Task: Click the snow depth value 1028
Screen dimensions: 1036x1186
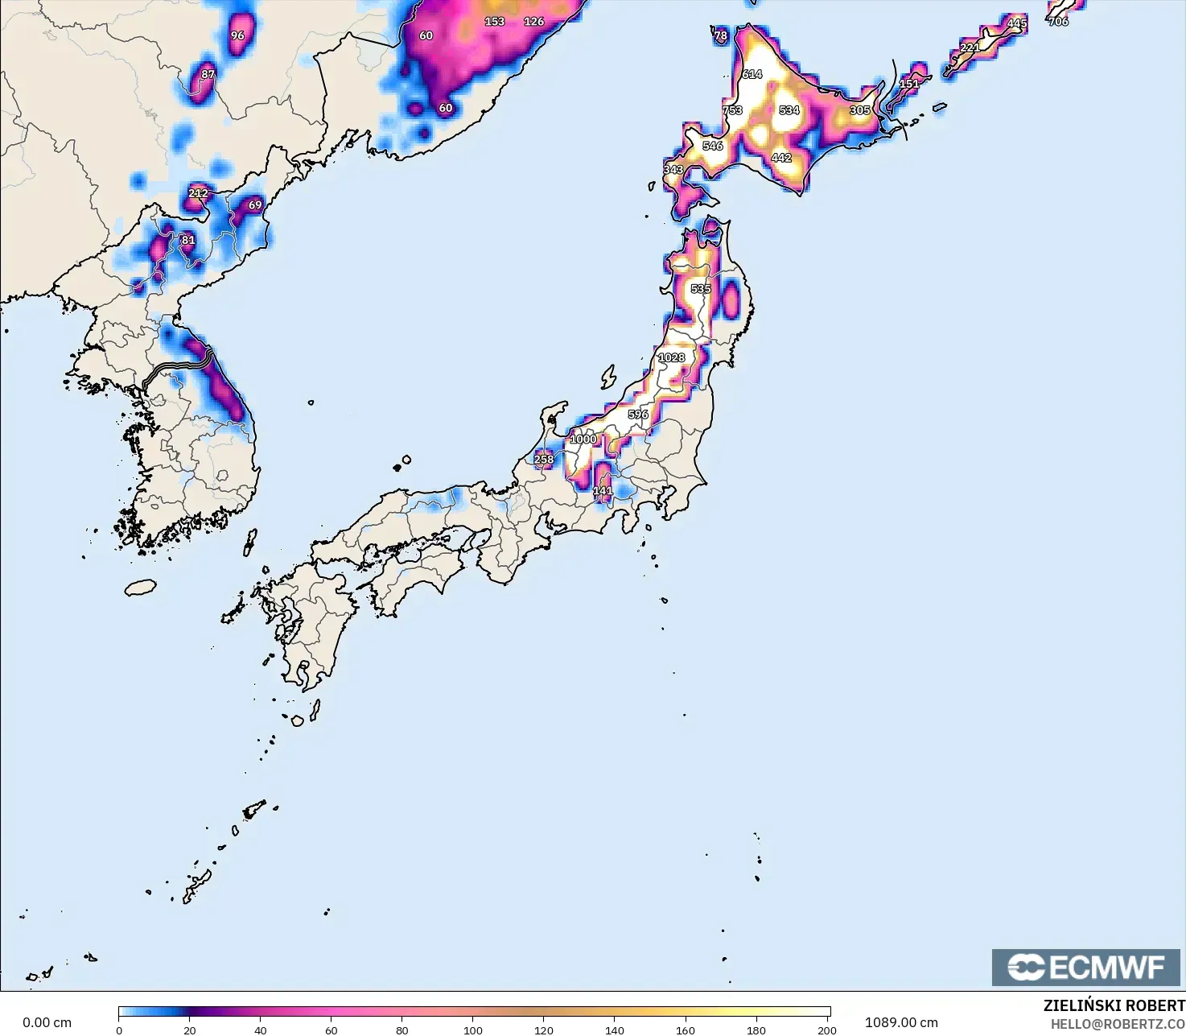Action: coord(672,357)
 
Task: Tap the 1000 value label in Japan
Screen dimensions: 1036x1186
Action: coord(583,440)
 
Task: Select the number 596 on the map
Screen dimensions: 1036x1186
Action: coord(638,415)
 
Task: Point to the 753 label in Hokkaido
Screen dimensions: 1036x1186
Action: coord(732,110)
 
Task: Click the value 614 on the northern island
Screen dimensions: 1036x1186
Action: coord(752,74)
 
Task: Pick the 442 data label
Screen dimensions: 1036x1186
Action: coord(781,158)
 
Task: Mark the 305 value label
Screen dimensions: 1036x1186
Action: coord(860,110)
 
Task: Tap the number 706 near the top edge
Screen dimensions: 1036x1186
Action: coord(1059,22)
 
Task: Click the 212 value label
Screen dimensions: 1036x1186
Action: coord(198,193)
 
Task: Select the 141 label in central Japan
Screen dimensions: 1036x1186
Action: coord(603,490)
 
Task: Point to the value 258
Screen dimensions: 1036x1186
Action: coord(544,460)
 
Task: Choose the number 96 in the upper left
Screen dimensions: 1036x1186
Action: coord(237,35)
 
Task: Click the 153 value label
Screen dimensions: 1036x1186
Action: coord(494,22)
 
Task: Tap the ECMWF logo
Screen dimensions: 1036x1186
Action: coord(1085,967)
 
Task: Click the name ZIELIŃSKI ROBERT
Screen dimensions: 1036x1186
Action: coord(1114,1006)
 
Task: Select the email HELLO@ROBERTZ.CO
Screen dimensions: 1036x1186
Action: coord(1118,1024)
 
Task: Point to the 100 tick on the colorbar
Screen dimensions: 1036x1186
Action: coord(473,1030)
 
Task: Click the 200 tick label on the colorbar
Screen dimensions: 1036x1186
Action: coord(827,1030)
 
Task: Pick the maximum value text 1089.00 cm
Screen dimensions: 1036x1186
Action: coord(901,1022)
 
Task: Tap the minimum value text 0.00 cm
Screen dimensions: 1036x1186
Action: coord(47,1022)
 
